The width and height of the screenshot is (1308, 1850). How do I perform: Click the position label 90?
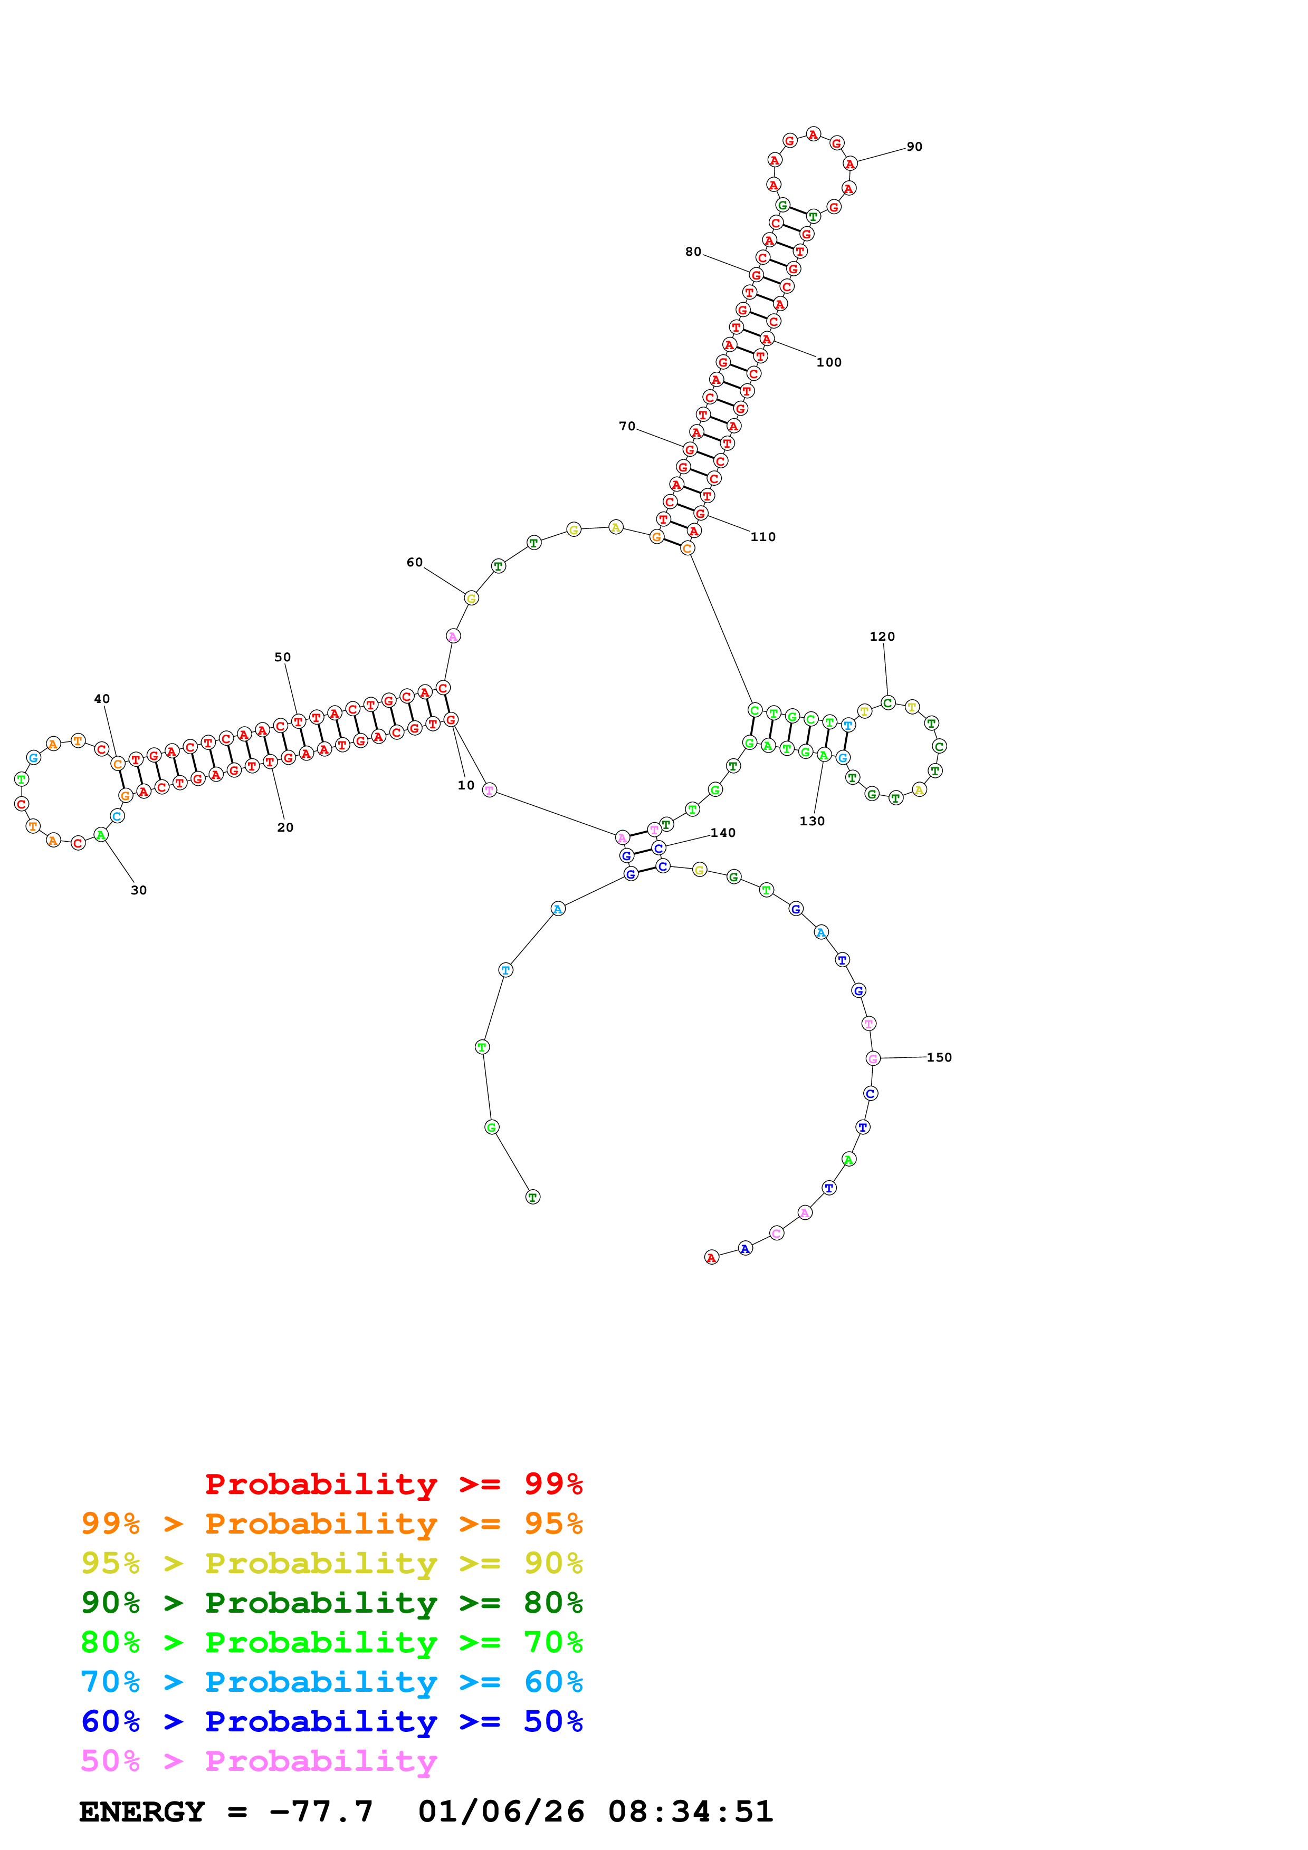[914, 147]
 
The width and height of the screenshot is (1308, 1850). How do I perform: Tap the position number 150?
[939, 1057]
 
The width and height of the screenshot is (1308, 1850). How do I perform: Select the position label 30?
[139, 890]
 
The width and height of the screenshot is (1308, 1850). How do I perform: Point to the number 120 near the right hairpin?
[882, 637]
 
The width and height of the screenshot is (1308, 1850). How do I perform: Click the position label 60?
[414, 562]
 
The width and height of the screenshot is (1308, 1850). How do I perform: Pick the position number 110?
[762, 537]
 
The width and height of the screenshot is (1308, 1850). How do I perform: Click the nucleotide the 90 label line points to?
[849, 163]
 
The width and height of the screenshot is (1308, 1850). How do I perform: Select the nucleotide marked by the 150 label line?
[872, 1059]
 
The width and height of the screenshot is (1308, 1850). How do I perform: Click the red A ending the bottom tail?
[711, 1258]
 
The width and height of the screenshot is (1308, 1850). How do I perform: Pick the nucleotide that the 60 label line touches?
[472, 598]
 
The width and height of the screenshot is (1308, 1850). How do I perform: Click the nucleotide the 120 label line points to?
[887, 702]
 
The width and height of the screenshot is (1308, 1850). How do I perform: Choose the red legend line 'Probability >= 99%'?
[393, 1484]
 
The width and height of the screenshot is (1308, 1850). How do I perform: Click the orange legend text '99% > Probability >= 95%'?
[331, 1524]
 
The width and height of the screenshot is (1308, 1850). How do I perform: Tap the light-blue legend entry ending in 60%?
[331, 1682]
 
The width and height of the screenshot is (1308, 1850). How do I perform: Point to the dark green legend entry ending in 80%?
[331, 1603]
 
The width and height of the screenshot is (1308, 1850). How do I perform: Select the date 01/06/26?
[501, 1812]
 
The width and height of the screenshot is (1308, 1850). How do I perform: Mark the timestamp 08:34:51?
[691, 1812]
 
